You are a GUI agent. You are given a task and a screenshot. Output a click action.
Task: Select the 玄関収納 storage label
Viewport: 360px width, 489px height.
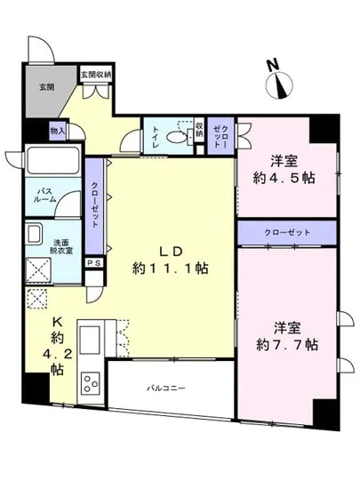click(96, 74)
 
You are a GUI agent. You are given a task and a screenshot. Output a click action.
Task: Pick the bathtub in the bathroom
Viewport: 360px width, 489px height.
click(53, 162)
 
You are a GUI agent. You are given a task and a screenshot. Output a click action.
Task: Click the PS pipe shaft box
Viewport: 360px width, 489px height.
click(93, 263)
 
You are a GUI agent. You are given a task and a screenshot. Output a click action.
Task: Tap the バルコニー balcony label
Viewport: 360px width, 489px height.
click(166, 389)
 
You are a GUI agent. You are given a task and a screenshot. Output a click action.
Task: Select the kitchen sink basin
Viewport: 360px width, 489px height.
click(92, 338)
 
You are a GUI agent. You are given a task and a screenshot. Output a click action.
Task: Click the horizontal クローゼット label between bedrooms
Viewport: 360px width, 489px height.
click(287, 232)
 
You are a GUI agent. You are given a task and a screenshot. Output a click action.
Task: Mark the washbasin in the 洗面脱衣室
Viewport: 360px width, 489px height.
click(34, 236)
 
